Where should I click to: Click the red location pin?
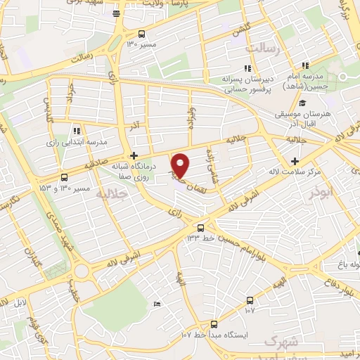[181, 164]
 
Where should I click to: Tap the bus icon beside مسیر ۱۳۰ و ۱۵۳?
[65, 177]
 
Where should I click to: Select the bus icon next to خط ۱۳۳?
[202, 227]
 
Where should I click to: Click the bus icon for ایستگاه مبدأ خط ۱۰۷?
[214, 324]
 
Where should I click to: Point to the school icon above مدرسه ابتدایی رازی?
[77, 130]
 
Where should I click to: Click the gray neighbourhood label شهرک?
[278, 342]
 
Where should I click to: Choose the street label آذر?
[134, 124]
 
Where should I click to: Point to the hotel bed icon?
[156, 304]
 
